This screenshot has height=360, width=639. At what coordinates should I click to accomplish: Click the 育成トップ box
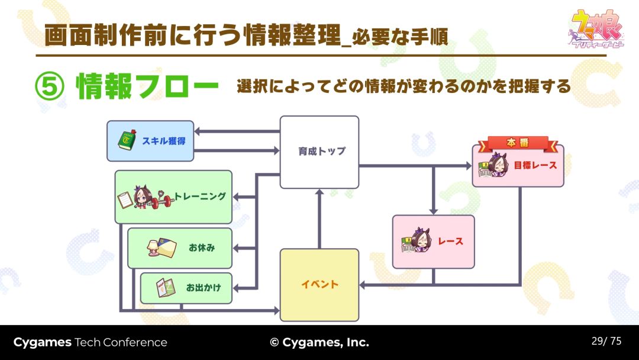click(319, 152)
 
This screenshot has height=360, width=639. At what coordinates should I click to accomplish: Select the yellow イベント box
click(319, 285)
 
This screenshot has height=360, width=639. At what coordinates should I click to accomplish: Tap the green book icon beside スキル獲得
click(127, 141)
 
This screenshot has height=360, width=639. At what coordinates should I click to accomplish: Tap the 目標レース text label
click(535, 165)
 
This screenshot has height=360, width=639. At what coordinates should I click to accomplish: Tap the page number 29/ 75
click(606, 341)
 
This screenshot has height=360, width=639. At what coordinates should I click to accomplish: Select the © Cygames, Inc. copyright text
click(319, 342)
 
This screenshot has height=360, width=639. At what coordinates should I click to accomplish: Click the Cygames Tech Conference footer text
click(91, 342)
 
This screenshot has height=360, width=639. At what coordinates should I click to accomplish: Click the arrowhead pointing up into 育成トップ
click(319, 192)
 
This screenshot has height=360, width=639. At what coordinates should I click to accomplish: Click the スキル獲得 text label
click(163, 141)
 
